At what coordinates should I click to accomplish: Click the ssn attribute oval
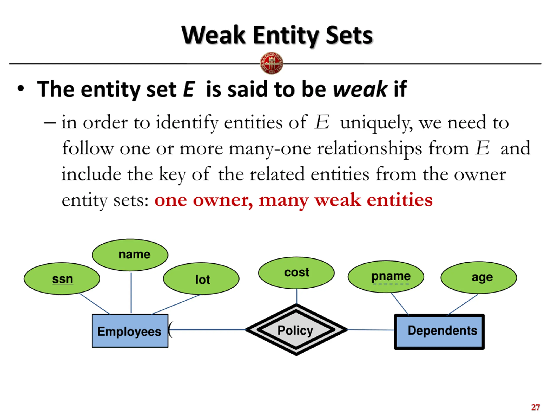(62, 279)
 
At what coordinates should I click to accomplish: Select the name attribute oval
(130, 255)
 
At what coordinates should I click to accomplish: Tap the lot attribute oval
(201, 279)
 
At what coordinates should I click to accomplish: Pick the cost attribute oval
(296, 273)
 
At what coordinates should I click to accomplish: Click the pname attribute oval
(386, 277)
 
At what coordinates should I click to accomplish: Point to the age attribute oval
(479, 278)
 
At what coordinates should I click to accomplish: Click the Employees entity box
(130, 331)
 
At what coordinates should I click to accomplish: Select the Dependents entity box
(439, 332)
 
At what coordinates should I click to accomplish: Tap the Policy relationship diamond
(296, 330)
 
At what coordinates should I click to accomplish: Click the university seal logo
(272, 63)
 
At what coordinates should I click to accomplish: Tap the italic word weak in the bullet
(360, 89)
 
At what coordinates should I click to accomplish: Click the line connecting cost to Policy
(297, 296)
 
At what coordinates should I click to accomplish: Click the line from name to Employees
(131, 293)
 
